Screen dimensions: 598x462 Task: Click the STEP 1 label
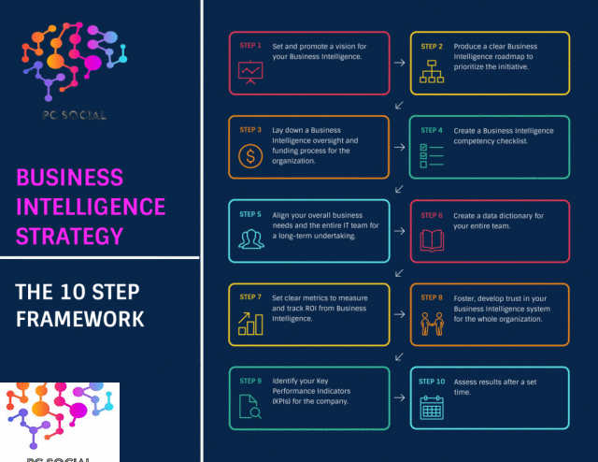(250, 46)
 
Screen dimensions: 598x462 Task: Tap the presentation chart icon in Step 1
(250, 72)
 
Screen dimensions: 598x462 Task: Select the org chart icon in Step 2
(432, 71)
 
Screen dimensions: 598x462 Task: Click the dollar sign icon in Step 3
(250, 156)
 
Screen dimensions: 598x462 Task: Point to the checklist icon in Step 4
(432, 156)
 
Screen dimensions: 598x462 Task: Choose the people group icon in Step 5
(251, 239)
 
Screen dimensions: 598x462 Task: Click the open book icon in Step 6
(432, 240)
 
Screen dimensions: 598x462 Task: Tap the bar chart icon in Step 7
(250, 324)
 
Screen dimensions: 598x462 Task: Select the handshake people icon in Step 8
(432, 325)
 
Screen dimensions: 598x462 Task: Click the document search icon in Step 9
(250, 407)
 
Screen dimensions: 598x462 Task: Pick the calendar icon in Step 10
(432, 408)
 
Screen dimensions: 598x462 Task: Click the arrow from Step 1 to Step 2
(399, 63)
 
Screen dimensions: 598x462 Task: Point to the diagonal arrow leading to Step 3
(399, 105)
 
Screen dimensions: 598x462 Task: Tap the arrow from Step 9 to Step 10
(399, 397)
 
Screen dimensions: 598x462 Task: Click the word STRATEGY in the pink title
(69, 236)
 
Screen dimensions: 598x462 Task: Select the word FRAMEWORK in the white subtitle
(80, 319)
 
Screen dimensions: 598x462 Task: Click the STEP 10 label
(432, 382)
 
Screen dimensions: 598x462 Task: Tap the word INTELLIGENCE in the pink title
(91, 207)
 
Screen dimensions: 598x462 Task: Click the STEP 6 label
(432, 215)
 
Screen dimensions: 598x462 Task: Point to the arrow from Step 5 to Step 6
(399, 231)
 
